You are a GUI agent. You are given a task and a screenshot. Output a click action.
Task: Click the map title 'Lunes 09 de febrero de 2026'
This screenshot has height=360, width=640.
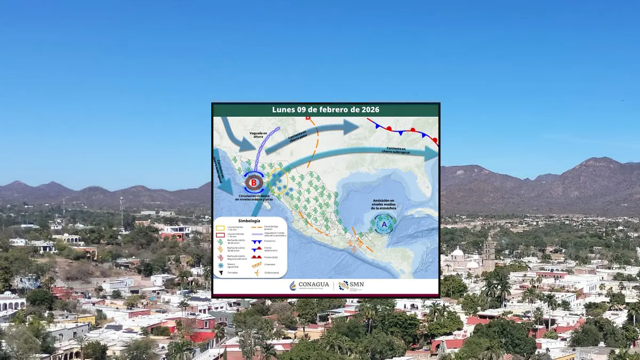325,109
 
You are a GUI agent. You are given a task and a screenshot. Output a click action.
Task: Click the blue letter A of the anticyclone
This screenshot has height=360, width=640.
383,225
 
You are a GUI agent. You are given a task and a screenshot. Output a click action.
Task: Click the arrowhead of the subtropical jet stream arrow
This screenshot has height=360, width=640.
432,154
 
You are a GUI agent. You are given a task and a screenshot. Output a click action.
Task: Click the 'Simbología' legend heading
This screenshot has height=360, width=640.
250,221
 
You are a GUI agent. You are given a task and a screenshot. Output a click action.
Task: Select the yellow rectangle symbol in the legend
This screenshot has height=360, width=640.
219,227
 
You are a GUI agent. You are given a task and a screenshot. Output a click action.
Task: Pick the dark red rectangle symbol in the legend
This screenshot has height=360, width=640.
219,235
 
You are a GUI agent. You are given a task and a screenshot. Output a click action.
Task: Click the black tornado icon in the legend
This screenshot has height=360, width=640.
220,273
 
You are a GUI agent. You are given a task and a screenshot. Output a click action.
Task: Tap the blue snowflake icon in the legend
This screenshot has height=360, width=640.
220,265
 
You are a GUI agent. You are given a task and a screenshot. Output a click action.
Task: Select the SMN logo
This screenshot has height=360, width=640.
351,285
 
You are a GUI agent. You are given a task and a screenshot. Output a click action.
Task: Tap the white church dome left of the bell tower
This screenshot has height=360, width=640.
457,252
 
